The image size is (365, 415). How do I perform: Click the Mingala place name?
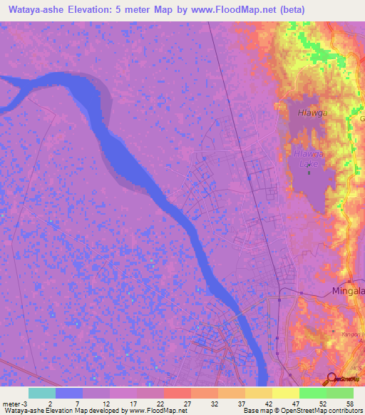pos(348,292)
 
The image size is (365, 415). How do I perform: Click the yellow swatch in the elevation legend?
pos(285,393)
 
